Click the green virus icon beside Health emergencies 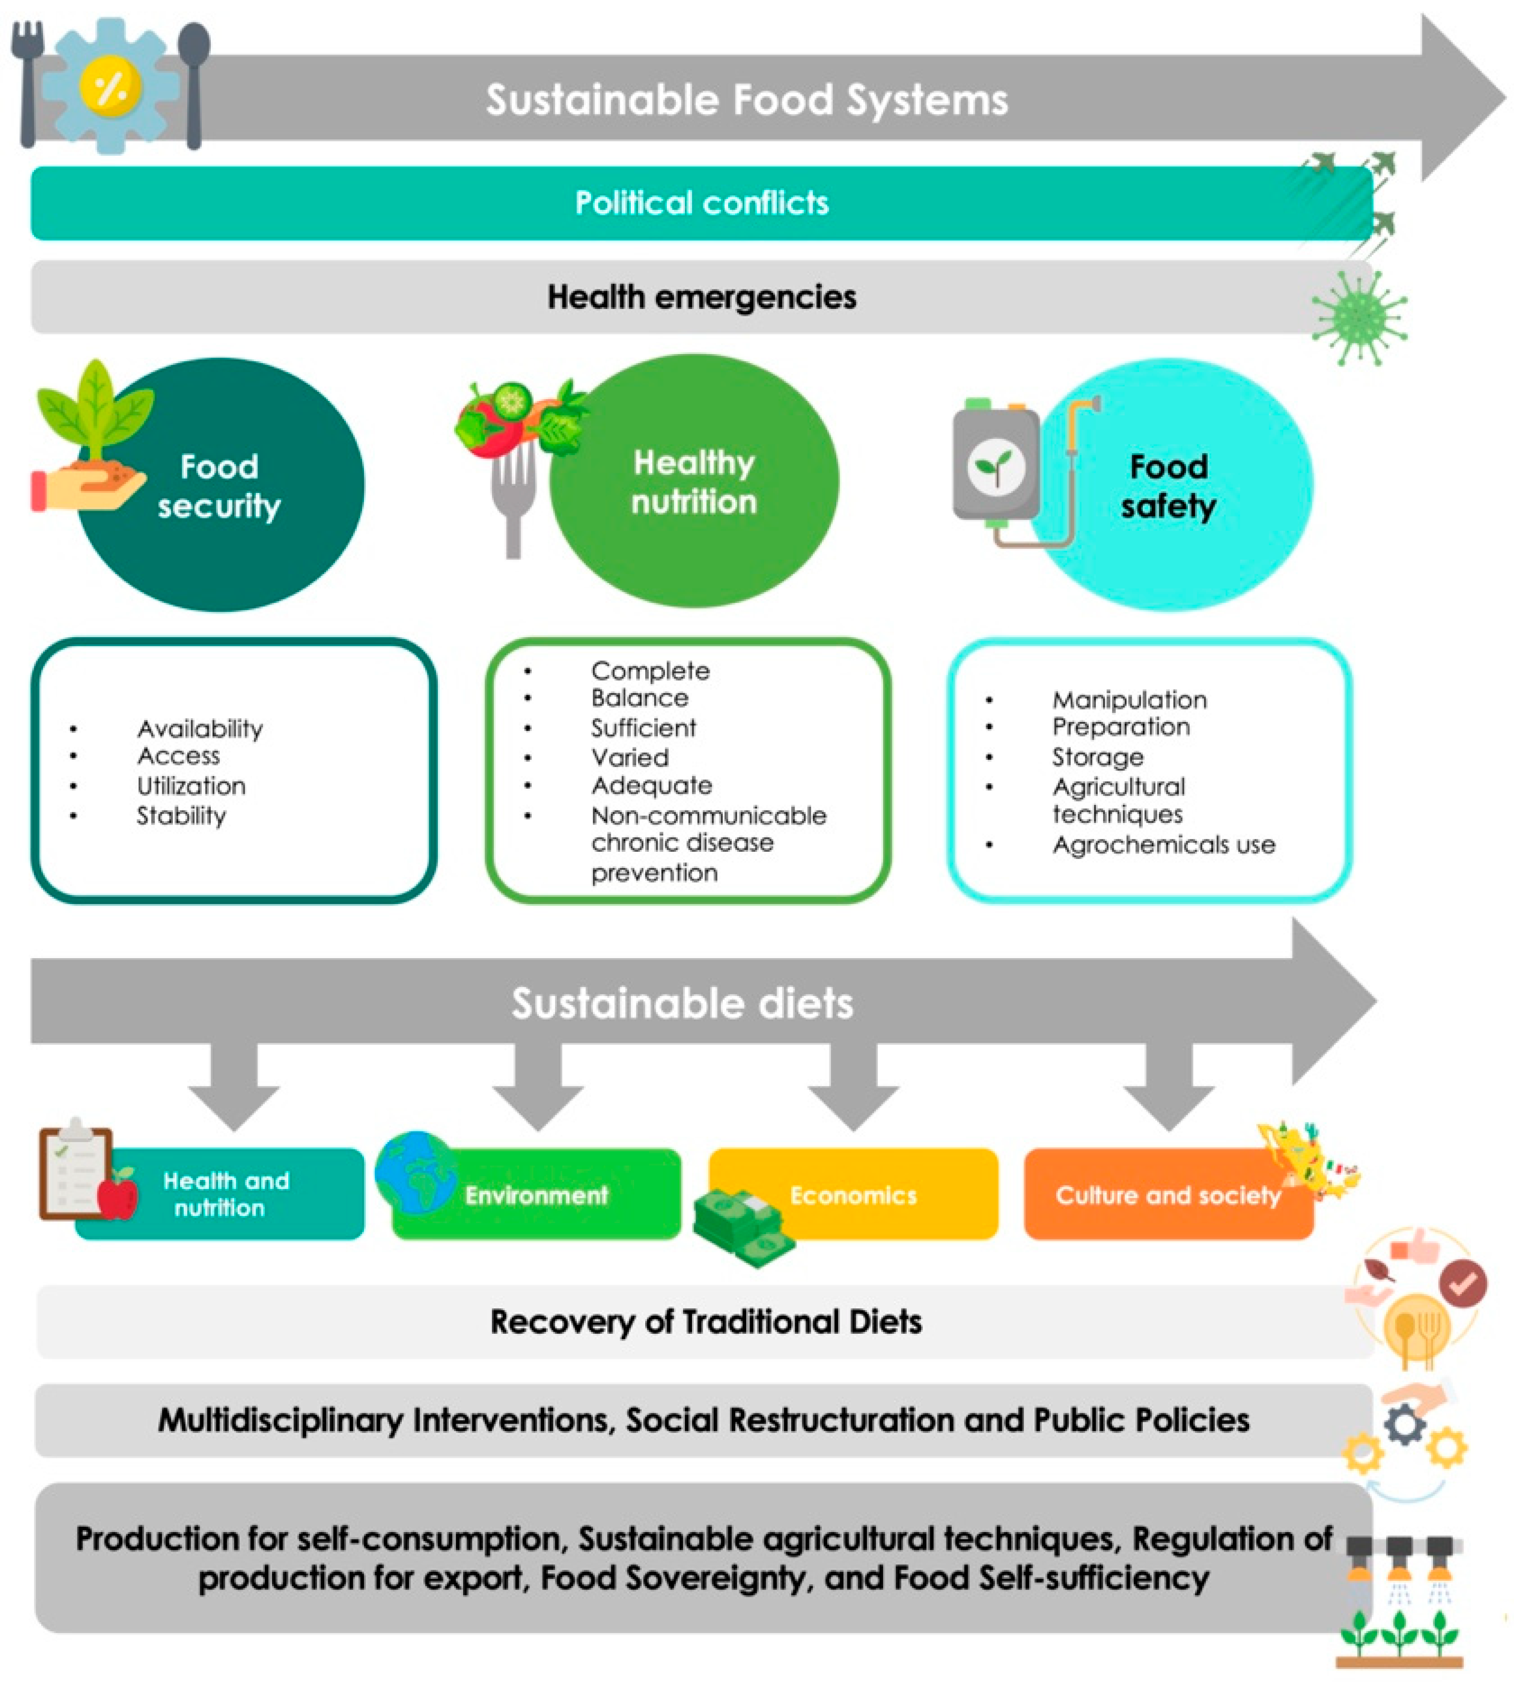tap(1359, 317)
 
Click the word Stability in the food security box tap(182, 815)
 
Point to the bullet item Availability tap(200, 729)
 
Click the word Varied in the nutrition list tap(630, 757)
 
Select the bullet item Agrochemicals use tap(1163, 844)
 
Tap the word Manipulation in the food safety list tap(1129, 699)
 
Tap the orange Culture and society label tap(1168, 1195)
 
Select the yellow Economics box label tap(853, 1195)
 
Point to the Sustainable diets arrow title tap(682, 1003)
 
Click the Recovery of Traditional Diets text tap(706, 1322)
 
